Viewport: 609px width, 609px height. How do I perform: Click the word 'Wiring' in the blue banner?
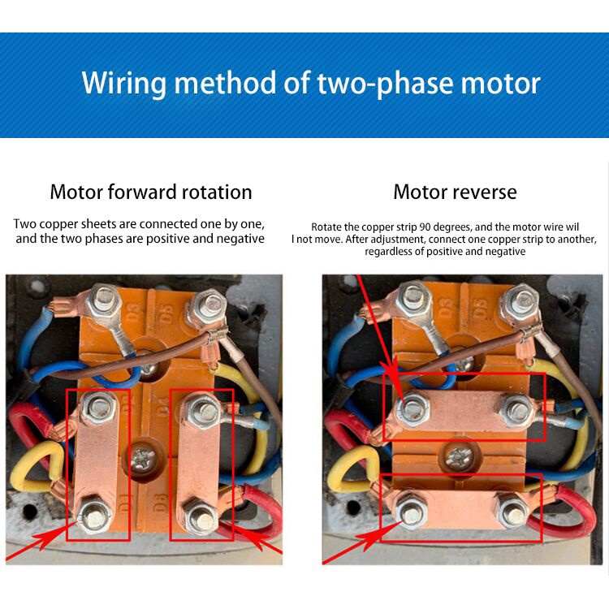[x=124, y=83]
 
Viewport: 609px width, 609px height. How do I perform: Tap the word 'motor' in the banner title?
[x=501, y=83]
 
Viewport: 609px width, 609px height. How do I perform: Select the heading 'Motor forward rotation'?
[x=151, y=192]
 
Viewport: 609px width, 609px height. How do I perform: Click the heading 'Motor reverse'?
[x=455, y=192]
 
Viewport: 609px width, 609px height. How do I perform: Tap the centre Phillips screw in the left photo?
[x=143, y=459]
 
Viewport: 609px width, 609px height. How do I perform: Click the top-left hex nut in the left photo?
[x=103, y=299]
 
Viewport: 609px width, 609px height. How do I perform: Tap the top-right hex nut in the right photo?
[x=520, y=300]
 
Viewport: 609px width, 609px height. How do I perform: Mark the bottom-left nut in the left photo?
[x=95, y=516]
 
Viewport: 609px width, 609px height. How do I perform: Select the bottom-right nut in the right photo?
[x=512, y=511]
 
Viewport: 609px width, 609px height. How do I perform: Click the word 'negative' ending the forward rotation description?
[x=240, y=238]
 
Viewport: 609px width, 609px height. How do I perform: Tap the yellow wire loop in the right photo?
[x=352, y=469]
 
